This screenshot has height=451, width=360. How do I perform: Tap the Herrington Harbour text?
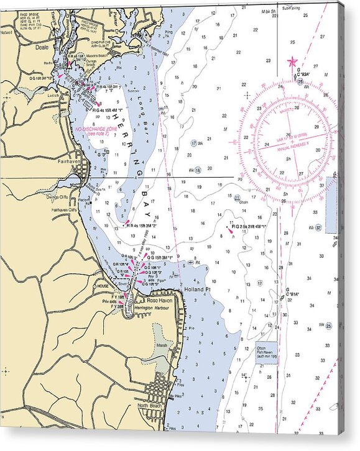[x=152, y=308]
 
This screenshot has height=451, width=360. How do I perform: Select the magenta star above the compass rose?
[x=292, y=61]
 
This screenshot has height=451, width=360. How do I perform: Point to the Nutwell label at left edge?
[x=7, y=31]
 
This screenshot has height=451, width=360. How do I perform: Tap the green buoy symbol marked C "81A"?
[x=282, y=298]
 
